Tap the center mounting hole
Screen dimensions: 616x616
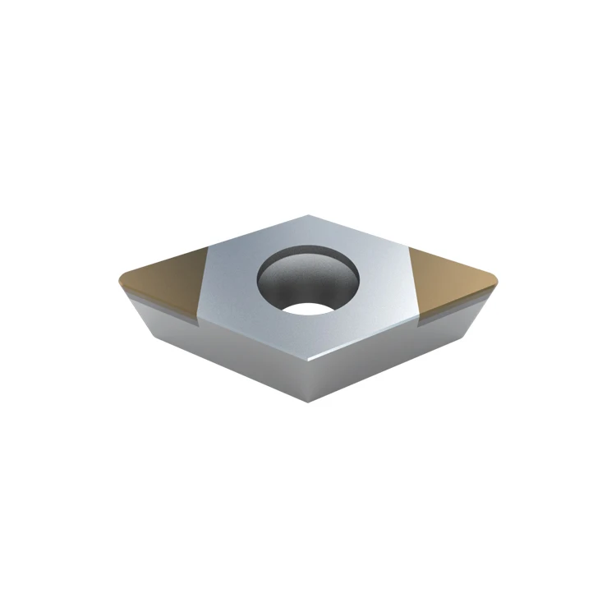coord(308,283)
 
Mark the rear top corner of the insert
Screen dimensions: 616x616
coord(307,215)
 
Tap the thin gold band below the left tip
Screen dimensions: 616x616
coord(164,311)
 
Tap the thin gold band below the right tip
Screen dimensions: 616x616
coord(452,307)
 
